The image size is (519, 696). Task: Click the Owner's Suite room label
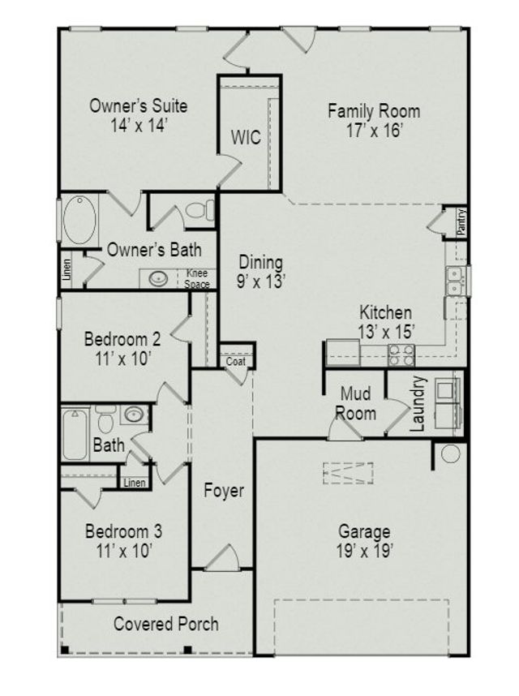(138, 106)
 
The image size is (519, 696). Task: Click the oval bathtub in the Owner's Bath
(79, 220)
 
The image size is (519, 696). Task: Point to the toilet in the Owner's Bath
(199, 211)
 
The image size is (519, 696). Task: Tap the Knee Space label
(198, 279)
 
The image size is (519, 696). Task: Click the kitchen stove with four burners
(401, 354)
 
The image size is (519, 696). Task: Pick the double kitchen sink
(455, 281)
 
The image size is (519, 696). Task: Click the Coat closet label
(236, 362)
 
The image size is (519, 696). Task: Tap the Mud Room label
(357, 403)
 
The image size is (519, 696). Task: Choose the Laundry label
(418, 403)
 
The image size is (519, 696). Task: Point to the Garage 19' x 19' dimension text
(364, 552)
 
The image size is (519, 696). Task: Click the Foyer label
(224, 491)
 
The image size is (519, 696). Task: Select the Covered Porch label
(165, 624)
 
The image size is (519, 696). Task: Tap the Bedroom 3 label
(123, 532)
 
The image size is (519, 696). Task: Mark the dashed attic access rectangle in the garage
(348, 473)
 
